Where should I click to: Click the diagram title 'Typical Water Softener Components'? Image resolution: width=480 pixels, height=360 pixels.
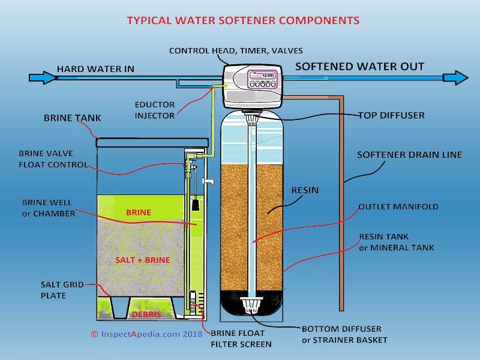(x=243, y=20)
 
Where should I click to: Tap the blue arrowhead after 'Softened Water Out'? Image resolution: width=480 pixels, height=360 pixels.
(x=460, y=77)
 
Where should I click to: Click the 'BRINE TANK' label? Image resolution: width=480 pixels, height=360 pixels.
(x=73, y=118)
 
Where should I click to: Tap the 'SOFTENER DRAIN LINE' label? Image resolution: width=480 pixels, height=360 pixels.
(x=409, y=155)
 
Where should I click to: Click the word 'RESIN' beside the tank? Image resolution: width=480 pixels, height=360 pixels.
(x=305, y=190)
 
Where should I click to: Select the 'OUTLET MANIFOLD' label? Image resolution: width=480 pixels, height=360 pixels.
(x=398, y=206)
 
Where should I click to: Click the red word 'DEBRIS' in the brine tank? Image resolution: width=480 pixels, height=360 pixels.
(x=146, y=314)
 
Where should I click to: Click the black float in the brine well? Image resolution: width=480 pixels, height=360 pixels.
(x=195, y=205)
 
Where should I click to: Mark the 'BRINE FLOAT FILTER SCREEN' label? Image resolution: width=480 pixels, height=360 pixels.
(x=241, y=338)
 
